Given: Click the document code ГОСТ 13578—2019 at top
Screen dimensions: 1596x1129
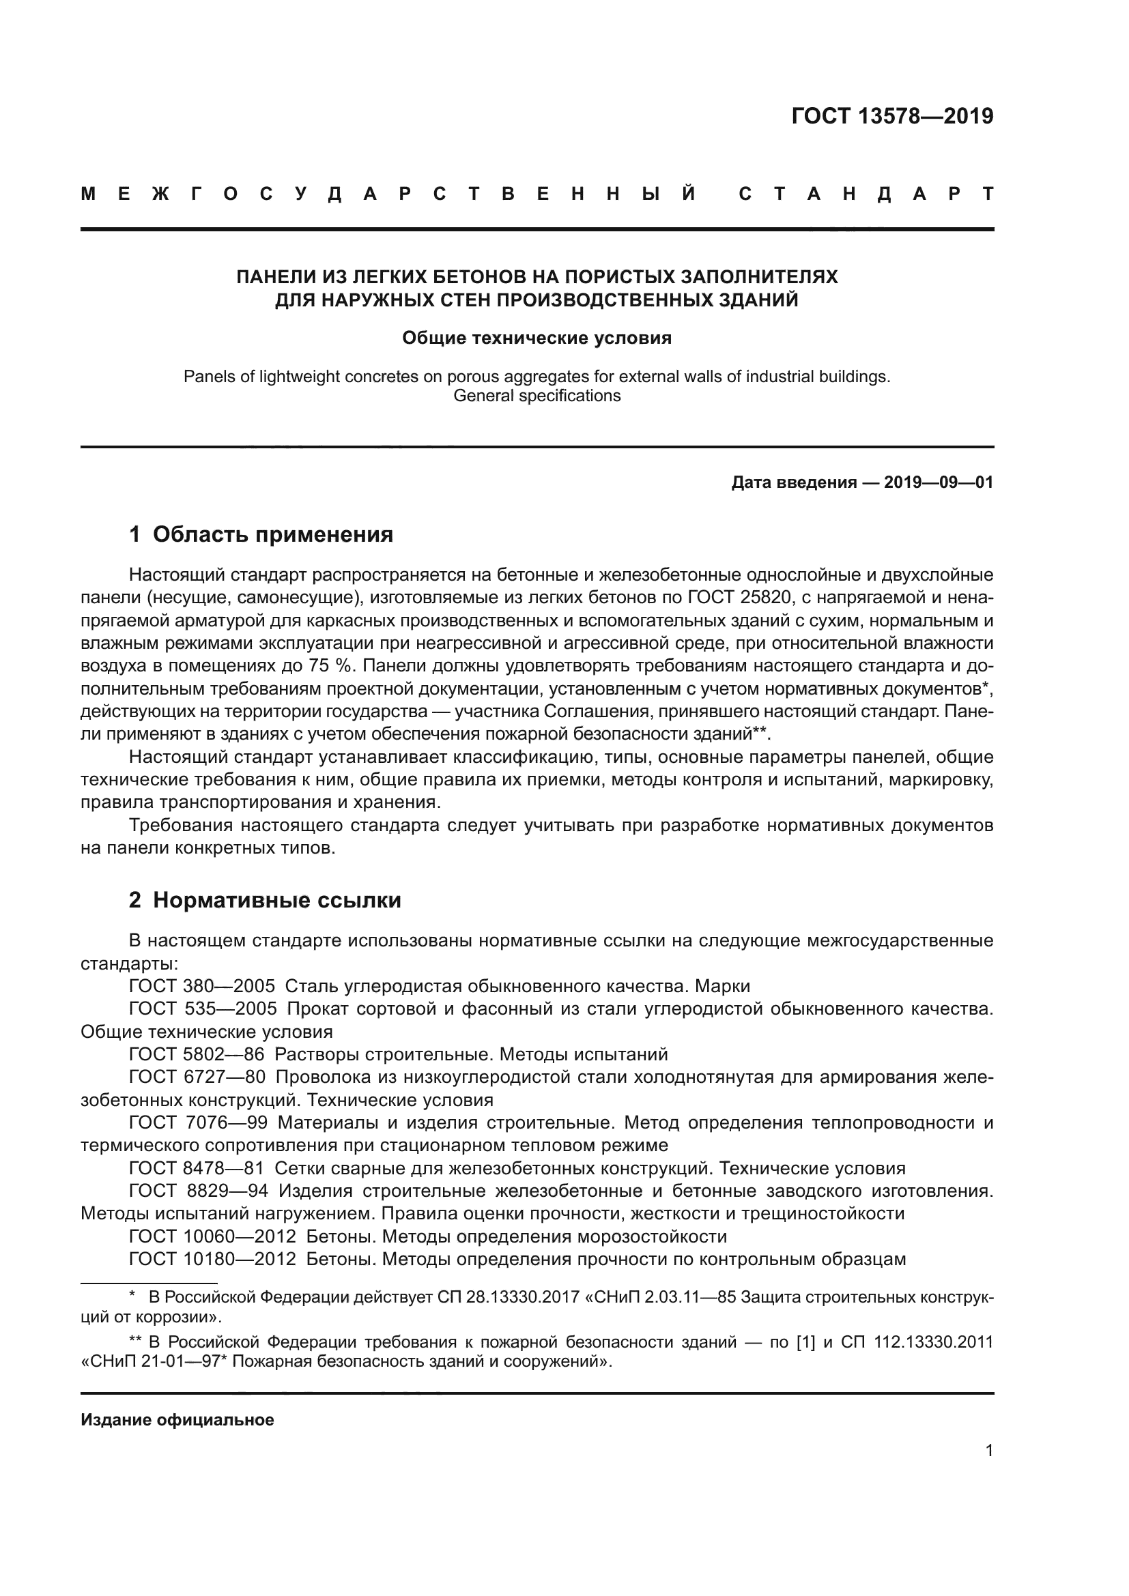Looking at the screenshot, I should point(892,117).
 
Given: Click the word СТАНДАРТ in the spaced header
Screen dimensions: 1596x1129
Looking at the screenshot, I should point(866,194).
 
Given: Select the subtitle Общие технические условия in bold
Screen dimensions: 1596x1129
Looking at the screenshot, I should point(537,338).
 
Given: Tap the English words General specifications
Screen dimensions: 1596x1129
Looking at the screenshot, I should point(537,396).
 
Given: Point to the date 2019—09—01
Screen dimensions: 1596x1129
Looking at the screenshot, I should point(939,482).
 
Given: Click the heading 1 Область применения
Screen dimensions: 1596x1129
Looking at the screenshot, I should point(261,534).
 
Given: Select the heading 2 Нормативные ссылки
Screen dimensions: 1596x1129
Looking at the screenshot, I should point(265,900).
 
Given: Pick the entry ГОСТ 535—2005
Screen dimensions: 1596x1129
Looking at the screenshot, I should point(203,1009).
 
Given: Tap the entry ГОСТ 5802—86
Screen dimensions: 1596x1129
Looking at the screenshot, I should point(197,1054).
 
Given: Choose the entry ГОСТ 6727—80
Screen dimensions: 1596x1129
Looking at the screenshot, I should point(197,1077).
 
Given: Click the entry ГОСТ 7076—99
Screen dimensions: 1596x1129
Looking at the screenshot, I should point(198,1122).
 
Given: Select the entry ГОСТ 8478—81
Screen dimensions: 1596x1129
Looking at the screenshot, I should point(197,1168).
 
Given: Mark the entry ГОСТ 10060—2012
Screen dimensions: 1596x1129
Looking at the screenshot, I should point(213,1236).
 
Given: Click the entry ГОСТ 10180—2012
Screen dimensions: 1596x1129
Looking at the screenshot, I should point(213,1260).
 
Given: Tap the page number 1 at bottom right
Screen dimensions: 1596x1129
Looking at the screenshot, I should point(989,1451).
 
